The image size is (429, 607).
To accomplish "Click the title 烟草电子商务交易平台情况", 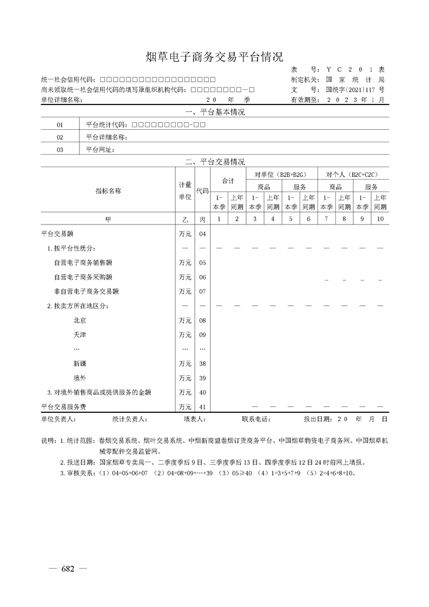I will point(215,57).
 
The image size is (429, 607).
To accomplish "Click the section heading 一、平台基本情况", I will point(215,113).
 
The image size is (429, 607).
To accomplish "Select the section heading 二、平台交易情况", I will point(215,162).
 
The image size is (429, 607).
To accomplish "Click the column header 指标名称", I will point(108,191).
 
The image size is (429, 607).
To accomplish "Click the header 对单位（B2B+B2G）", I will point(281,175).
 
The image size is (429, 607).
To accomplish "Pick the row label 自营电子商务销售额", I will point(83,263).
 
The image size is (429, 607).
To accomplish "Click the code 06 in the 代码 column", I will point(202,278).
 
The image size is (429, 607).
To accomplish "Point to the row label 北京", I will point(80,321).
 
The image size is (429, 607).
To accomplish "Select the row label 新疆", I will point(80,364).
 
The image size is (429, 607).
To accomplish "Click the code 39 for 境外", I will point(202,378).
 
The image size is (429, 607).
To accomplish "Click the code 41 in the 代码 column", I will point(202,407).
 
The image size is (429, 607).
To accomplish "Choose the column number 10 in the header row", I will point(380,219).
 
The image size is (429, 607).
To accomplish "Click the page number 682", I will point(68,569).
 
